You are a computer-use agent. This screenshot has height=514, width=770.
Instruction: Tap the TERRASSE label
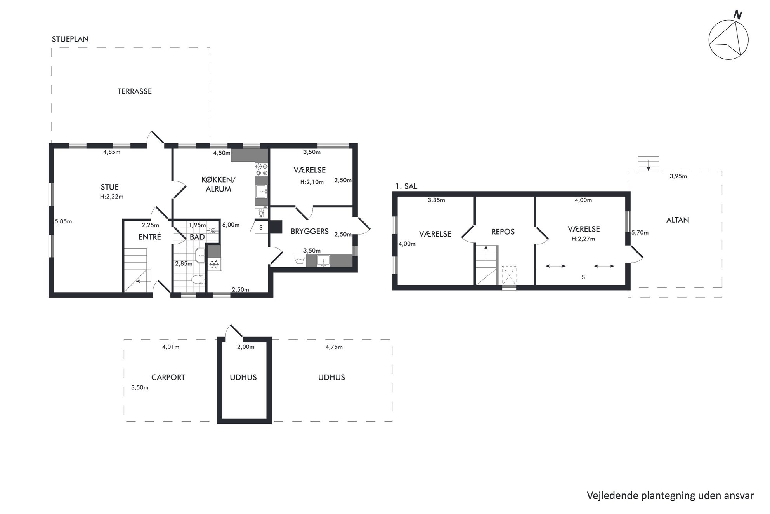point(135,91)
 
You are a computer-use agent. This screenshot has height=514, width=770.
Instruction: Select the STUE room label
point(109,187)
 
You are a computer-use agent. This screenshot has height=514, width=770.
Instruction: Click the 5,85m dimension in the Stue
point(63,221)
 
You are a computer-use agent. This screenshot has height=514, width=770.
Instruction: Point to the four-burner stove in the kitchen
point(262,170)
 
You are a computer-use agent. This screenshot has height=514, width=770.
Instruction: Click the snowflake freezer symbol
point(213,265)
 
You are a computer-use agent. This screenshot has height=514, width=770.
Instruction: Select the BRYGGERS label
point(310,232)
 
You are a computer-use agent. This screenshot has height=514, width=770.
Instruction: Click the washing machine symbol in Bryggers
point(299,261)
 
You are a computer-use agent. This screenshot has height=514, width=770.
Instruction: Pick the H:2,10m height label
point(312,182)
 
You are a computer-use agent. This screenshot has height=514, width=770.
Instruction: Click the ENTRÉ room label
point(150,237)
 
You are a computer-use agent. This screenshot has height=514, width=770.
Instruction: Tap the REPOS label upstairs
point(503,232)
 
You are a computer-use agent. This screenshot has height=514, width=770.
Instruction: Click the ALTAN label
point(678,220)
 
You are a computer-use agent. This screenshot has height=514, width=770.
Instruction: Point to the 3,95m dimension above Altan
point(678,176)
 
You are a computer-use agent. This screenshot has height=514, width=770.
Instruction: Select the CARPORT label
point(168,377)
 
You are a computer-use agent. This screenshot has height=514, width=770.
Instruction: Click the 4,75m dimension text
point(334,347)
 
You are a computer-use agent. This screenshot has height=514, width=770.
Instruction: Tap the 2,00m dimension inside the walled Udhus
point(246,347)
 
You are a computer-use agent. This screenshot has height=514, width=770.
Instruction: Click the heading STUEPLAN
point(70,39)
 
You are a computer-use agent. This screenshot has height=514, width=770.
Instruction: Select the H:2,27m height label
point(583,239)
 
